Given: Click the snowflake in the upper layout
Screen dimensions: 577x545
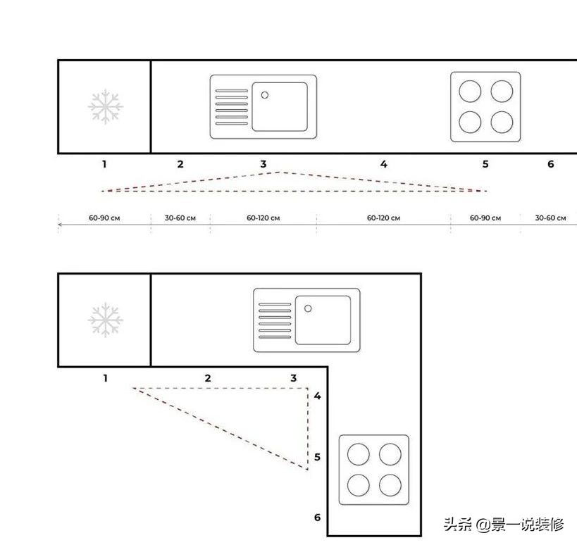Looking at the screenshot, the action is (106, 106).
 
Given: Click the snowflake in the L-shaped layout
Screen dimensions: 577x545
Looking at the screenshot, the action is (106, 320).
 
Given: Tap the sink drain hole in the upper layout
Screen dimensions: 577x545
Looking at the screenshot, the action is (265, 95).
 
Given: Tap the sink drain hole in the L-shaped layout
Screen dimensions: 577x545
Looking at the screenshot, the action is (308, 308).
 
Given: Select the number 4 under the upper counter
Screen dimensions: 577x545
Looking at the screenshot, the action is (384, 164).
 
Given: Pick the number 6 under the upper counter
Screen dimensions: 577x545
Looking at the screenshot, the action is (550, 164).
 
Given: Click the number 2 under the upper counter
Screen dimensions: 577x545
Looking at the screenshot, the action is (180, 164).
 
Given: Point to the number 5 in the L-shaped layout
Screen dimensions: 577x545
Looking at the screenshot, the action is (317, 457).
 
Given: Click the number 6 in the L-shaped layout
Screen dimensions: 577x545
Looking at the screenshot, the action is (317, 518).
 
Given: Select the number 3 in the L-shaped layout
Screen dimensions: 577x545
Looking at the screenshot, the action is (293, 378).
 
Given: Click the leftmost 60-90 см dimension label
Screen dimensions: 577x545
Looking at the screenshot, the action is (104, 218).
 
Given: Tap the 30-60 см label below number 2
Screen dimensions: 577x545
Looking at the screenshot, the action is (180, 218).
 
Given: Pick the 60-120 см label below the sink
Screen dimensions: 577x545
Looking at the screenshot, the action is (263, 218).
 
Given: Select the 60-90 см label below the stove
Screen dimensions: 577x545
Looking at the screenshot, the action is (485, 218).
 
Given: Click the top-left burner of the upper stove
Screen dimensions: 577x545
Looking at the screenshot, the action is (470, 92).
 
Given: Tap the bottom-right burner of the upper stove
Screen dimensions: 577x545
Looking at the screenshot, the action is (502, 122).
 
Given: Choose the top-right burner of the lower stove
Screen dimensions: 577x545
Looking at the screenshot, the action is (390, 454).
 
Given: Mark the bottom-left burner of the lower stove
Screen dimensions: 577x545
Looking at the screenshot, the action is (359, 485).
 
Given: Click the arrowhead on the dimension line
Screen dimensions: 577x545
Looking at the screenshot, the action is (60, 225).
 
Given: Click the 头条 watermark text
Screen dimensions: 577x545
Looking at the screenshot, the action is (457, 524).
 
